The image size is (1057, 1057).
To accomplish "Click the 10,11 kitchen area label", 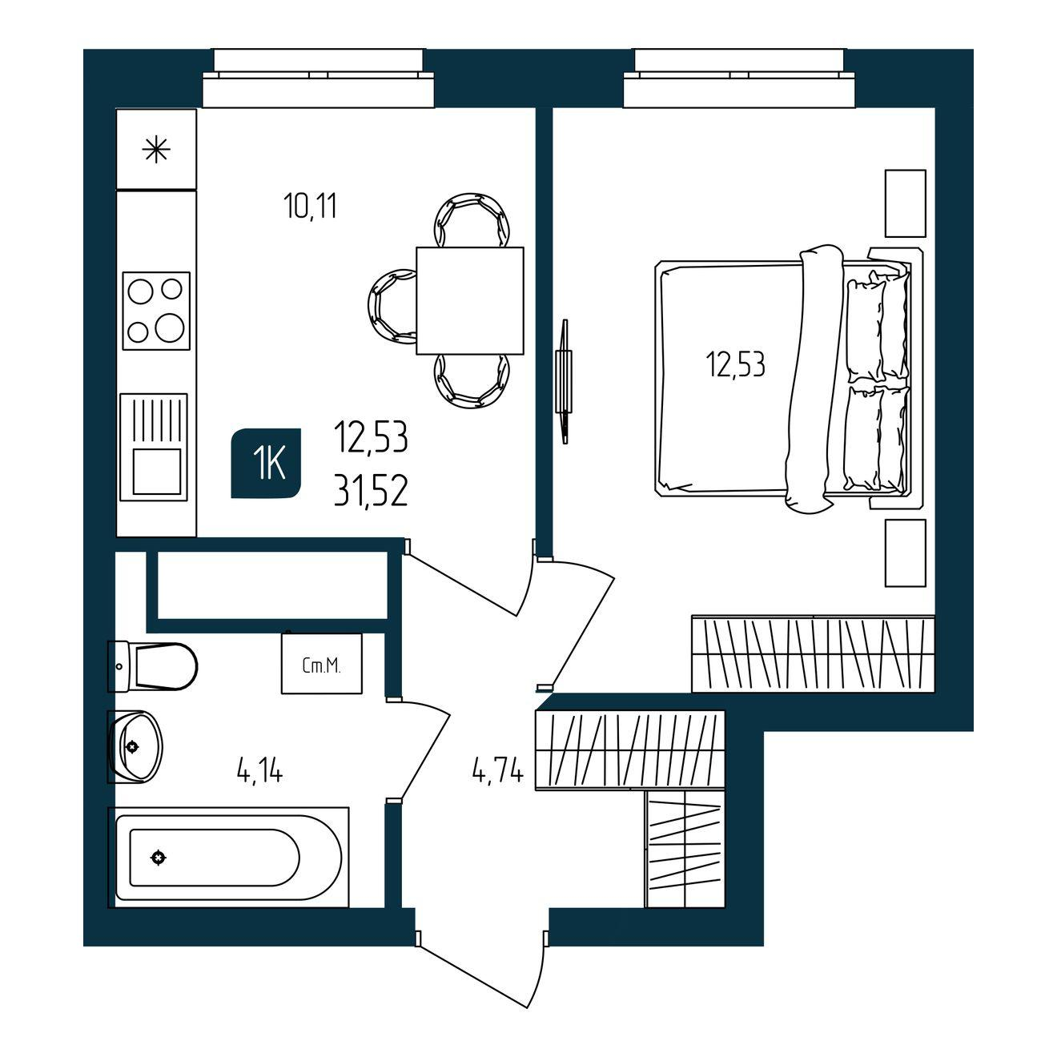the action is click(x=311, y=207).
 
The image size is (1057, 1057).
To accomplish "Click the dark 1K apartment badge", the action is click(x=266, y=463).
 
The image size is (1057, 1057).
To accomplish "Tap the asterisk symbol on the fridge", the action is click(x=156, y=149).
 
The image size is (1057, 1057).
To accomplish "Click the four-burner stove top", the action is click(x=156, y=311).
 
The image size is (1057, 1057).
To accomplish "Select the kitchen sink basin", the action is click(x=158, y=471).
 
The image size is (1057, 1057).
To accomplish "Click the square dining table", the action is click(x=470, y=300).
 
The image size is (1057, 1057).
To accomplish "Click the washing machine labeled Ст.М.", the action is click(x=322, y=664).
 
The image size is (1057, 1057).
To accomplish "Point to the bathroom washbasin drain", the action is click(x=131, y=746).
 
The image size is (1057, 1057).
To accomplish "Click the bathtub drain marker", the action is click(x=159, y=857).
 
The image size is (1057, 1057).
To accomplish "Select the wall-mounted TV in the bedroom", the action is click(x=564, y=382).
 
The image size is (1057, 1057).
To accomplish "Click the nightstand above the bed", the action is click(x=906, y=203).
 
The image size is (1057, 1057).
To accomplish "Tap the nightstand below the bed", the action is click(x=906, y=553).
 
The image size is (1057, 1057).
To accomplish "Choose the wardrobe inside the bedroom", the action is click(x=814, y=653).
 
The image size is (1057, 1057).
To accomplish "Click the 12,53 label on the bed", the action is click(x=736, y=365).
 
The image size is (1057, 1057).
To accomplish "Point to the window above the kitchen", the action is click(x=318, y=78).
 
